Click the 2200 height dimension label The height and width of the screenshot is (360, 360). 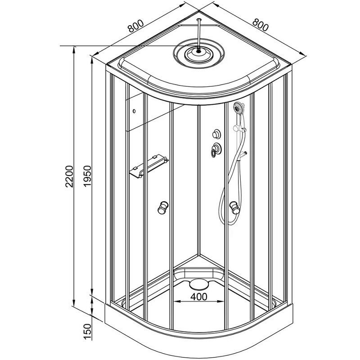[x=69, y=176]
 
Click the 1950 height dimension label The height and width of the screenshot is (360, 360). [x=87, y=176]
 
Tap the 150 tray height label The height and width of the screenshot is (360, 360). [x=87, y=332]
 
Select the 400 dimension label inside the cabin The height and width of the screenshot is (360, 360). [x=199, y=297]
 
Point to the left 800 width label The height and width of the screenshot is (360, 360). [x=136, y=26]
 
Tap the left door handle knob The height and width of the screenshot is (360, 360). [x=163, y=207]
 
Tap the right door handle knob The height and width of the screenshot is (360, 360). [x=234, y=207]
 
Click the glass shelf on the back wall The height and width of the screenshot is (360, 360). [x=149, y=166]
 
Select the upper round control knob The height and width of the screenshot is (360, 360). [x=216, y=134]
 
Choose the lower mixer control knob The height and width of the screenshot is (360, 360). [x=216, y=150]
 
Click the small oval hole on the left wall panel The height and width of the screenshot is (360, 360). [x=134, y=111]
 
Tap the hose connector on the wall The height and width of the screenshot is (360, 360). [x=243, y=155]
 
